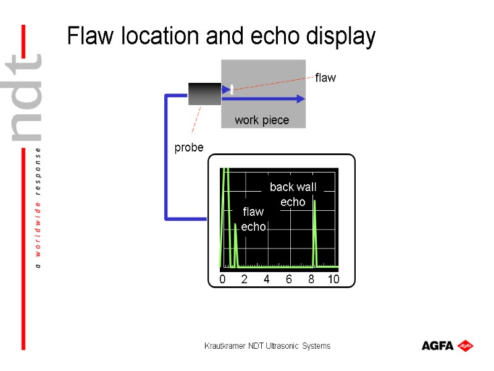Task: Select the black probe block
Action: click(x=204, y=93)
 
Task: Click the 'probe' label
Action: click(x=188, y=148)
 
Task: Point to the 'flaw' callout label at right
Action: click(x=325, y=78)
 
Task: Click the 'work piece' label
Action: click(x=262, y=120)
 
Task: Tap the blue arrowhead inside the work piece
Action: click(x=300, y=98)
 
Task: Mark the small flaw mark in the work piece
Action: click(x=232, y=89)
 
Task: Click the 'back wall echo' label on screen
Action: click(x=293, y=194)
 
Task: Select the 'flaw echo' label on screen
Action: click(x=253, y=220)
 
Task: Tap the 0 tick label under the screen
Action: click(x=222, y=279)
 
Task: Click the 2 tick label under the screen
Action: click(x=244, y=279)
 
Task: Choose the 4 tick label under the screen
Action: click(x=267, y=279)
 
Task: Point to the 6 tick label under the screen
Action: click(x=289, y=279)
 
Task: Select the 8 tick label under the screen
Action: click(x=311, y=279)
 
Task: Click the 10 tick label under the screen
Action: click(x=333, y=279)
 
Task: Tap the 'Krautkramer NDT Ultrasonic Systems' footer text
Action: click(x=267, y=346)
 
